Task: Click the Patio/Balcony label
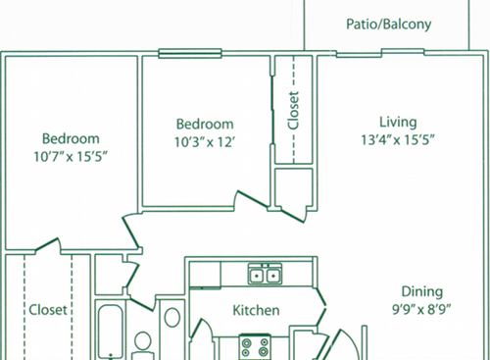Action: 389,25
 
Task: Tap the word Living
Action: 398,123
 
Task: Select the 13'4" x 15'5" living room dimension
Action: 399,139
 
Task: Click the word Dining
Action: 421,291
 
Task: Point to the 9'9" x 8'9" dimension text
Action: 421,308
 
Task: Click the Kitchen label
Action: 257,311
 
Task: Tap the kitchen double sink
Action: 265,275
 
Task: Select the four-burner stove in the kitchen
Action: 258,345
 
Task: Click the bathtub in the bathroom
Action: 110,334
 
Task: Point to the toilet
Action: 143,343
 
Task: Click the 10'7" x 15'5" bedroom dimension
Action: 70,155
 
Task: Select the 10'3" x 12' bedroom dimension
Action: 205,140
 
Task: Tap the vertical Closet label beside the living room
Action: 293,111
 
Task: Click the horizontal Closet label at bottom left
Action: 48,310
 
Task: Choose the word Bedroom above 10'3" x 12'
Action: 205,124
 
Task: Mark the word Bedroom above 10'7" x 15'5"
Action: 70,138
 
